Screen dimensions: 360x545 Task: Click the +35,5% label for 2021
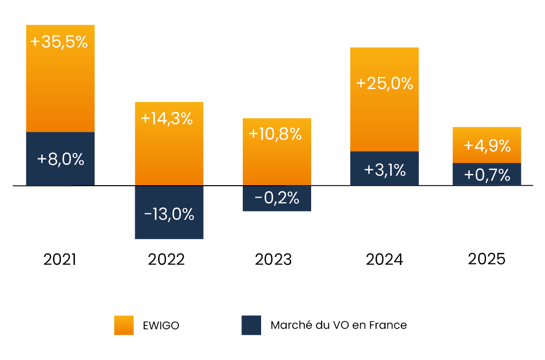coord(59,42)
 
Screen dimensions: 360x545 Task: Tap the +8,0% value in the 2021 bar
coord(60,159)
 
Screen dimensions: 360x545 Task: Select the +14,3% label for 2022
coord(166,119)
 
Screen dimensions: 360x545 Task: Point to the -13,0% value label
coord(169,214)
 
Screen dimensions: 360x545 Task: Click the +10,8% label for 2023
coord(275,134)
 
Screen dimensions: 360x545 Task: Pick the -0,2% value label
coord(277,198)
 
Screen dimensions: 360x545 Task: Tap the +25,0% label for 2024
coord(384,83)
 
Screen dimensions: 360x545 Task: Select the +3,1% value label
coord(385,170)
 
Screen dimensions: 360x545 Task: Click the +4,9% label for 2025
coord(487,146)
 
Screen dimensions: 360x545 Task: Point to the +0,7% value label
coord(487,175)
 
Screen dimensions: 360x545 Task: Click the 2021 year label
coord(59,259)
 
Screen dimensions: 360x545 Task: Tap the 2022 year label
coord(166,259)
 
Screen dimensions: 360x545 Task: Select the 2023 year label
coord(273,259)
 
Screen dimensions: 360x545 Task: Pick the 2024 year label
coord(384,259)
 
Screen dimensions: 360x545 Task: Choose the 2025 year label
coord(487,259)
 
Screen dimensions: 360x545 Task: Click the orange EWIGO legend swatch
coord(124,325)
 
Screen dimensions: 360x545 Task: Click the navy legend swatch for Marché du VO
coord(251,325)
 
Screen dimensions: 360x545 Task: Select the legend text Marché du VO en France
coord(338,325)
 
